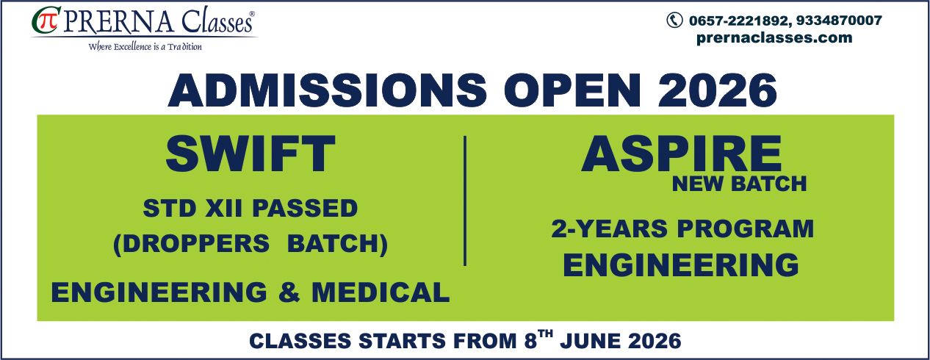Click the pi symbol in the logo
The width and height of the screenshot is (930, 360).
coord(51,21)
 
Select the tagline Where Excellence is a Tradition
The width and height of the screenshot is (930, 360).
coord(145,47)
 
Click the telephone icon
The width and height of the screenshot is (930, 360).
coord(674,20)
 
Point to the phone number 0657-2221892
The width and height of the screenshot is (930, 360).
coord(738,21)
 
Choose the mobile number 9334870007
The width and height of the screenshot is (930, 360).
coord(839,21)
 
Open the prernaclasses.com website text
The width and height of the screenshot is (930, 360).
coord(774,37)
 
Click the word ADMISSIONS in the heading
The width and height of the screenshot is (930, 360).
coord(327,90)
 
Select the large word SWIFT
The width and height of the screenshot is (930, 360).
coord(250,154)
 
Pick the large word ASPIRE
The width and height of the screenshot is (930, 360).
coord(681,154)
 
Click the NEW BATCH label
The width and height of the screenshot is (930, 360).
coord(739,184)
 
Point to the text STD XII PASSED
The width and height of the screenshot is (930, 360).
coord(250,208)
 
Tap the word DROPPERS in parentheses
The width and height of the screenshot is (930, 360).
coord(195,243)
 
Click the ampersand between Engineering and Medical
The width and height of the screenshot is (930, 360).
coord(289,292)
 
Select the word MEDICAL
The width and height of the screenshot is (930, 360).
coord(381,292)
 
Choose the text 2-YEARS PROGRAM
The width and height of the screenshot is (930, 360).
coord(682,228)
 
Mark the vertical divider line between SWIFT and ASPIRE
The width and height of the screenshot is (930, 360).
coord(465,201)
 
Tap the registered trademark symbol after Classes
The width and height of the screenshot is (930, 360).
coord(251,14)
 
